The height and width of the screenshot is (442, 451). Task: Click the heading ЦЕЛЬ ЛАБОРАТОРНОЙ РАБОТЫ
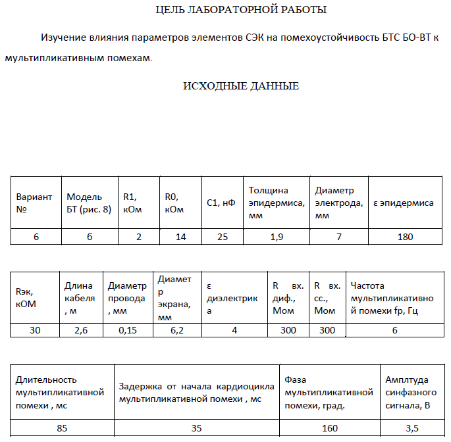(240, 10)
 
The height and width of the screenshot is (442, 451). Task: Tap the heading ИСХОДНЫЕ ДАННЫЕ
(240, 86)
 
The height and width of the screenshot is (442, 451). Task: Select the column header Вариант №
(34, 203)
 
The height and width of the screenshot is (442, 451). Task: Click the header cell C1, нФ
(221, 203)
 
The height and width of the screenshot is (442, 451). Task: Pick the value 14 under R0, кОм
(180, 237)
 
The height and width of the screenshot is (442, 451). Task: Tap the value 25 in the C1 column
(222, 237)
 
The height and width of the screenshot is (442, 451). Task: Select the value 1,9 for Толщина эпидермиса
(277, 237)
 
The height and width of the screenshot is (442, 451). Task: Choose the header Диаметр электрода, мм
(338, 203)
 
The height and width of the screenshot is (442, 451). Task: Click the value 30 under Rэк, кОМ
(35, 331)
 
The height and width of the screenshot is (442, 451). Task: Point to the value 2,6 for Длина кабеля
(81, 331)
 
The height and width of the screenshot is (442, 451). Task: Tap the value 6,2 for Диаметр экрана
(176, 331)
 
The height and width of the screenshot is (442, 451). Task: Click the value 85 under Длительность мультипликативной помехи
(62, 428)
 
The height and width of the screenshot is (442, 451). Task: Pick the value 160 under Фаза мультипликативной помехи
(331, 428)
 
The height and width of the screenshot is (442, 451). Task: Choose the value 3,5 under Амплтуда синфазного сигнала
(411, 428)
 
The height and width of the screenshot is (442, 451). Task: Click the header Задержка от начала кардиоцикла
(196, 392)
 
